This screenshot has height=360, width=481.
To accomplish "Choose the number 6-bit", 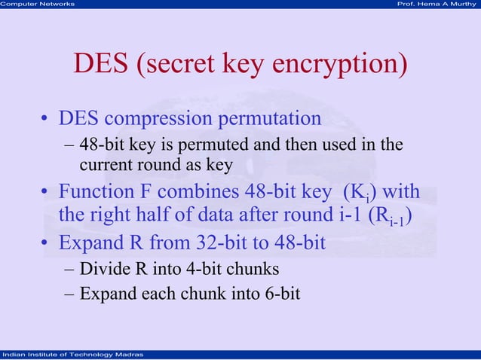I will (278, 292).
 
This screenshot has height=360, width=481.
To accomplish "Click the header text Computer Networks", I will (38, 5).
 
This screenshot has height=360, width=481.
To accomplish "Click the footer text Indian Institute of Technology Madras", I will (68, 355).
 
